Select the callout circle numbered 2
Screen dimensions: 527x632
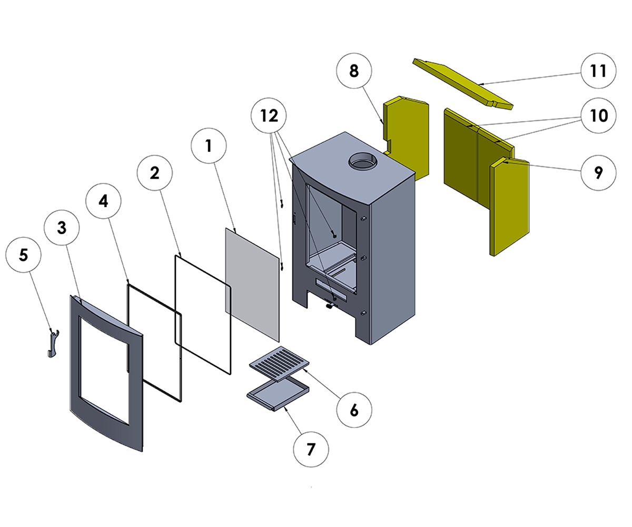[155, 173]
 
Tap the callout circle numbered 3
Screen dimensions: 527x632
[62, 228]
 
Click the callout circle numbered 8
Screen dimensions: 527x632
[353, 71]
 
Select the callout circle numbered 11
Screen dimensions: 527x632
[598, 71]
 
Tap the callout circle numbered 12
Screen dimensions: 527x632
[269, 115]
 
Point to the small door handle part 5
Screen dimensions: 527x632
[52, 343]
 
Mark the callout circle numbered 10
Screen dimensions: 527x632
[598, 115]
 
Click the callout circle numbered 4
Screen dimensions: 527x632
[104, 201]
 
